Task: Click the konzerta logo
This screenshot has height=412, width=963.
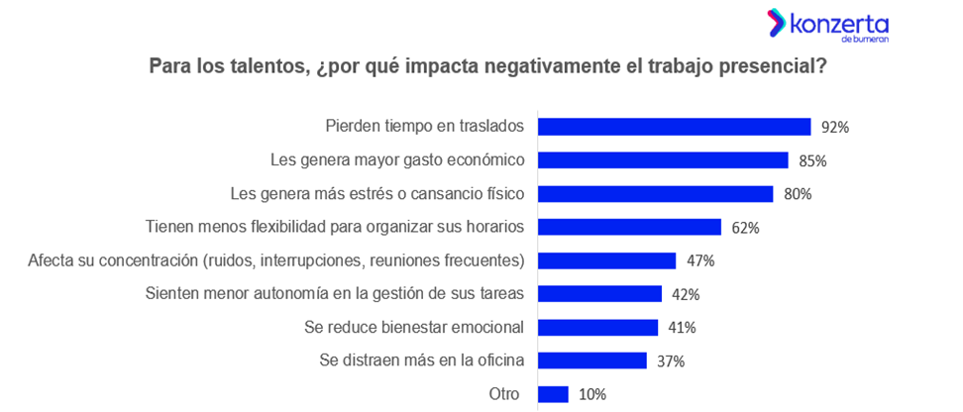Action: point(827,27)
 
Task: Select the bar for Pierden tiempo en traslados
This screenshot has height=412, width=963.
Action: point(674,127)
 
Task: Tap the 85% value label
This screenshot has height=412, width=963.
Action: point(812,160)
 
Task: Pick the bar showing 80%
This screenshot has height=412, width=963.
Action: point(655,194)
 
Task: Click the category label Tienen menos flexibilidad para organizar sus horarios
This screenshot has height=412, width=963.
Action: point(335,227)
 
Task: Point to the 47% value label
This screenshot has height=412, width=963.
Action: point(700,261)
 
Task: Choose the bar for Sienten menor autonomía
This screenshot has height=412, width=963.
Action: point(599,294)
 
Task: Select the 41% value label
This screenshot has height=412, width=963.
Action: point(682,328)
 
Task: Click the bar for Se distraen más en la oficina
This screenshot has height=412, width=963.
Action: point(591,360)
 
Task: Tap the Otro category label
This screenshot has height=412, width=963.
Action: point(504,394)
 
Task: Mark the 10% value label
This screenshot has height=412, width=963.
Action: point(592,394)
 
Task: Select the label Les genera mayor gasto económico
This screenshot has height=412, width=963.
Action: point(397,160)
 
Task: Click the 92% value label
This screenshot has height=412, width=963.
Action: point(835,127)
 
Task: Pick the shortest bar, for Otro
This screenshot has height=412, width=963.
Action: point(553,394)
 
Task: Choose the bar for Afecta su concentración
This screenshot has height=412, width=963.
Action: point(606,260)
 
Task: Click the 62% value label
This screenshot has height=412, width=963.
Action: point(745,228)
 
